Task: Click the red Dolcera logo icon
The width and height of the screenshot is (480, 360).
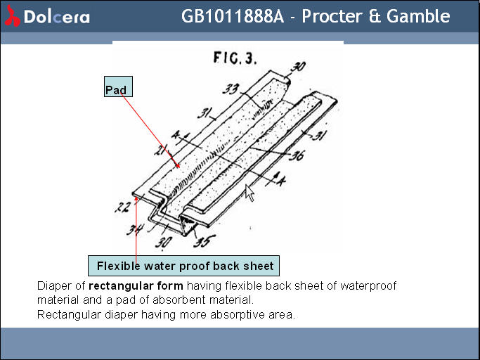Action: [12, 16]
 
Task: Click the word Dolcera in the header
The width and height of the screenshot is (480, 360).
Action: [57, 17]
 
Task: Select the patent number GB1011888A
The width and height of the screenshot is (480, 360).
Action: [233, 16]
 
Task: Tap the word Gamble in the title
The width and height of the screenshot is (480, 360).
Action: [418, 16]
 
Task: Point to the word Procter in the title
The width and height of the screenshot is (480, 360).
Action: [332, 16]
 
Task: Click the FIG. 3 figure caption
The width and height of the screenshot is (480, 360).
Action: [235, 58]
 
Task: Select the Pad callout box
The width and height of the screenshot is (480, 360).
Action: [118, 86]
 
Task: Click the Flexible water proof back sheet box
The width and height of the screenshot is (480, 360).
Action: [183, 266]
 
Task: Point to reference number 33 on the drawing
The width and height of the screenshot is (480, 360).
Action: [231, 89]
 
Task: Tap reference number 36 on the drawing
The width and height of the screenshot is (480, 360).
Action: [297, 155]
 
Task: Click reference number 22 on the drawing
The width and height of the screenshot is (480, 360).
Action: [122, 207]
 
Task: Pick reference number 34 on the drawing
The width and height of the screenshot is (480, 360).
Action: [135, 229]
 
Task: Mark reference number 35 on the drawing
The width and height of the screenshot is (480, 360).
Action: [204, 240]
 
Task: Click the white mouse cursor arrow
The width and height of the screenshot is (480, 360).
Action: [249, 193]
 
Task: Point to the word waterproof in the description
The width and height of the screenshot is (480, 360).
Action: [368, 286]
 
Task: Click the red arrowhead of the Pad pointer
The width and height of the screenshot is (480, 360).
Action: [177, 166]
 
